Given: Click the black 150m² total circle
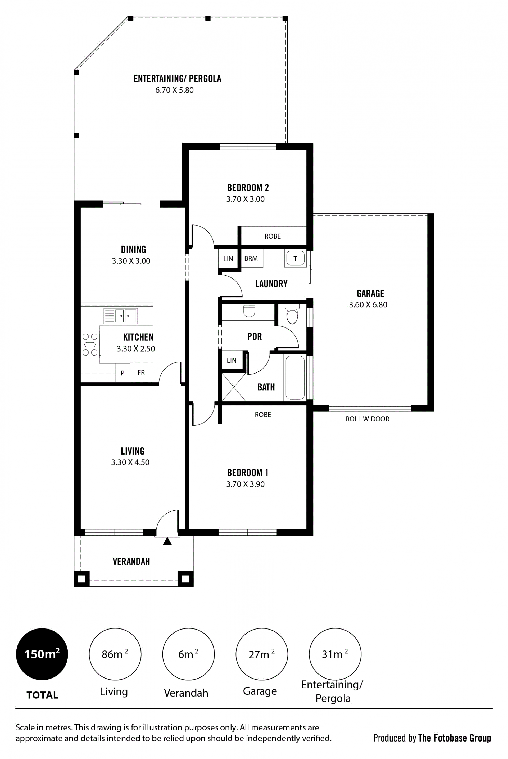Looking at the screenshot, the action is click(x=42, y=654).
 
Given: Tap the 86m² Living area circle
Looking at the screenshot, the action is click(x=115, y=654).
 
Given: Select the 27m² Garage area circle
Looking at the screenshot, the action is click(x=262, y=654).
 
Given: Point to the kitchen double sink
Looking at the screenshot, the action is click(x=121, y=316).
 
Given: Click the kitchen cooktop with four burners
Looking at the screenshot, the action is click(x=90, y=344).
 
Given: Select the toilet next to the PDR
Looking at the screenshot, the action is click(x=292, y=314).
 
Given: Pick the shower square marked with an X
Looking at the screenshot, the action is click(x=234, y=387).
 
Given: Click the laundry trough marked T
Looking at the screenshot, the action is click(x=295, y=258).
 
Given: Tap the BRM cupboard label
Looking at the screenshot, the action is click(x=251, y=258).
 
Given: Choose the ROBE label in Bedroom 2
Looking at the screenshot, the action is click(x=273, y=236).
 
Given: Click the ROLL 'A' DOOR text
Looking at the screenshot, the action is click(x=368, y=419).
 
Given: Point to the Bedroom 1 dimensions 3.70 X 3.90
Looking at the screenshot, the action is click(x=245, y=484).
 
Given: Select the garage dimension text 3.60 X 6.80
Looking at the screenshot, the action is click(x=368, y=305).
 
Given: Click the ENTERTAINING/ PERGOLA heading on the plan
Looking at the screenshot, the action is click(x=178, y=79).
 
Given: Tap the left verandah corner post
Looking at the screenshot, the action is click(x=82, y=579).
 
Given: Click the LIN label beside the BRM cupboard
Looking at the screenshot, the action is click(x=228, y=259).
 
